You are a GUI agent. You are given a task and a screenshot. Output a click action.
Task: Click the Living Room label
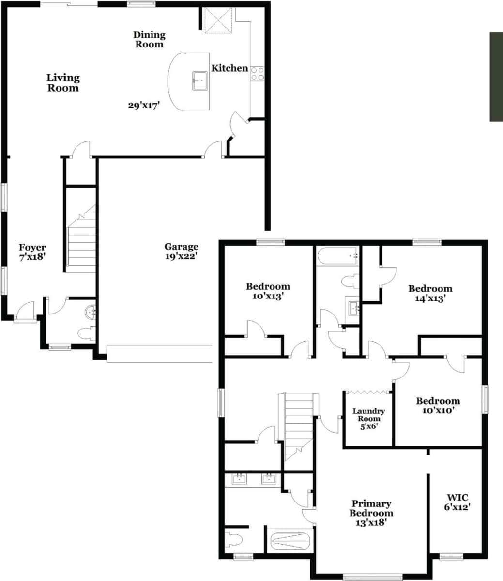63,83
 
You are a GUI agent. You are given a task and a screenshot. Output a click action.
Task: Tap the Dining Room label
149,39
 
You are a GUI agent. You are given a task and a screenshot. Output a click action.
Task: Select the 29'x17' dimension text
144,105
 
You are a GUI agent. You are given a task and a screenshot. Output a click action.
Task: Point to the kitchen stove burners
258,73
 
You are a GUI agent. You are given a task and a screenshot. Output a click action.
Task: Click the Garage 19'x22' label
181,251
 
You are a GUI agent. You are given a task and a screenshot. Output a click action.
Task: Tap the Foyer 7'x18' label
32,252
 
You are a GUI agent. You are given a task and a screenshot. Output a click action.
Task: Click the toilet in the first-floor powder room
86,333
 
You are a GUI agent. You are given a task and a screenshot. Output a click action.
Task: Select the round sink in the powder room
90,313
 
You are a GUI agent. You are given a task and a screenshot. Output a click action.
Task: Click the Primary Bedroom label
371,513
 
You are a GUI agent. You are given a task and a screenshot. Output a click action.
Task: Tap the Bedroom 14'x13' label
430,294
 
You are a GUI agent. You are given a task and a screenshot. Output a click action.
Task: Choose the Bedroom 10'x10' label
438,406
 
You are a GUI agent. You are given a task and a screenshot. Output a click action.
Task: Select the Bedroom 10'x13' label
268,291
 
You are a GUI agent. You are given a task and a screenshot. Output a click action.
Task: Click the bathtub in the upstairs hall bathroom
337,256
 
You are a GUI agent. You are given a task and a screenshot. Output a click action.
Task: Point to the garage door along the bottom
159,353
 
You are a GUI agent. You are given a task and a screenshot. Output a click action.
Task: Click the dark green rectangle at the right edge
496,77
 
